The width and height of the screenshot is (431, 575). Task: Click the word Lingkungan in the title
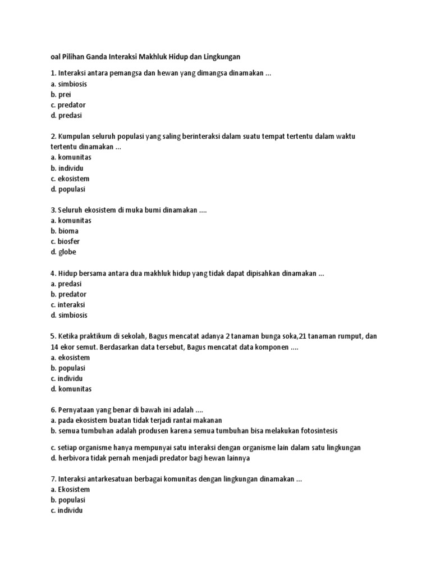221,57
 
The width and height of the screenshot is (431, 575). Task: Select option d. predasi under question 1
67,116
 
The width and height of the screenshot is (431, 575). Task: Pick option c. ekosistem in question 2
70,179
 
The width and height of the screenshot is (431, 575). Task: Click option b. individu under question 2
67,168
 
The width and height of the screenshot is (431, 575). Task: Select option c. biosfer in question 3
65,241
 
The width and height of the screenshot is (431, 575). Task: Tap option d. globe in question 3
63,252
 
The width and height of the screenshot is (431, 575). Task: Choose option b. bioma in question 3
64,231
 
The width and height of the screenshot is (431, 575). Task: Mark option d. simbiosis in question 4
69,315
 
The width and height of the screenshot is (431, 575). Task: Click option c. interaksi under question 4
67,304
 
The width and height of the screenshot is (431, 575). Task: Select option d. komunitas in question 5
71,389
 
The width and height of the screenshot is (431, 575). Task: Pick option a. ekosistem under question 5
70,357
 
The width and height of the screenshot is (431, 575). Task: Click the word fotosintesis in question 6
318,431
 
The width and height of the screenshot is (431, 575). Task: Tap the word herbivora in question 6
75,458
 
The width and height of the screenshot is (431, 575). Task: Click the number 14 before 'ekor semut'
54,346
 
